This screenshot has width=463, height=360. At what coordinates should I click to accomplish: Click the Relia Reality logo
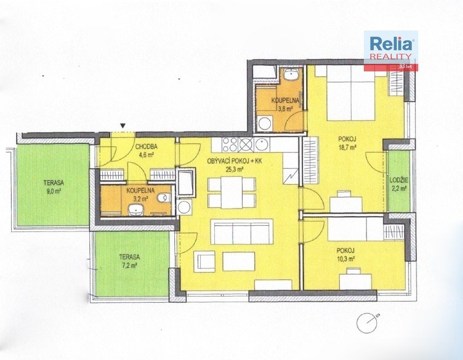391,50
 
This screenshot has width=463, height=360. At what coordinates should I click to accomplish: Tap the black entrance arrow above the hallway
123,126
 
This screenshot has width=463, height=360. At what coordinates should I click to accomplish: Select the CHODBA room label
147,146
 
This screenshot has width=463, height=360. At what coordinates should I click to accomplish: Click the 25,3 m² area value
235,169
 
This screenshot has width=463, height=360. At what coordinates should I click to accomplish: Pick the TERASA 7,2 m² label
129,261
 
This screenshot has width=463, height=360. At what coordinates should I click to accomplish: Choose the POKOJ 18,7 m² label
347,143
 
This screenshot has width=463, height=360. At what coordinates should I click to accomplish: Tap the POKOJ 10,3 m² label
346,255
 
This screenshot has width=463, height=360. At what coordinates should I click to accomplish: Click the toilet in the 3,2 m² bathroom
164,198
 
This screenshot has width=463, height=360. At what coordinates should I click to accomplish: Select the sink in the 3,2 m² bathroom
136,210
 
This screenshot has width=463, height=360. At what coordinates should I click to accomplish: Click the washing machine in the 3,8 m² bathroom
265,123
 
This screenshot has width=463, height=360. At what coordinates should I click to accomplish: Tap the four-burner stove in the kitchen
230,145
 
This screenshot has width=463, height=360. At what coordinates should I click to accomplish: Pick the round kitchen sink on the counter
261,145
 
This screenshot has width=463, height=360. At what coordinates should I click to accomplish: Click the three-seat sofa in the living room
241,231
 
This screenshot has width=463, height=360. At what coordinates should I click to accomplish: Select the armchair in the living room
204,262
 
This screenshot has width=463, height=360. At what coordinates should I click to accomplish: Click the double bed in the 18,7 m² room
351,93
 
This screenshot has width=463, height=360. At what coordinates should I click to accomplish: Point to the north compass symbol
368,323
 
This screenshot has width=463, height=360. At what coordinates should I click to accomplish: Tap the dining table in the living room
231,193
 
